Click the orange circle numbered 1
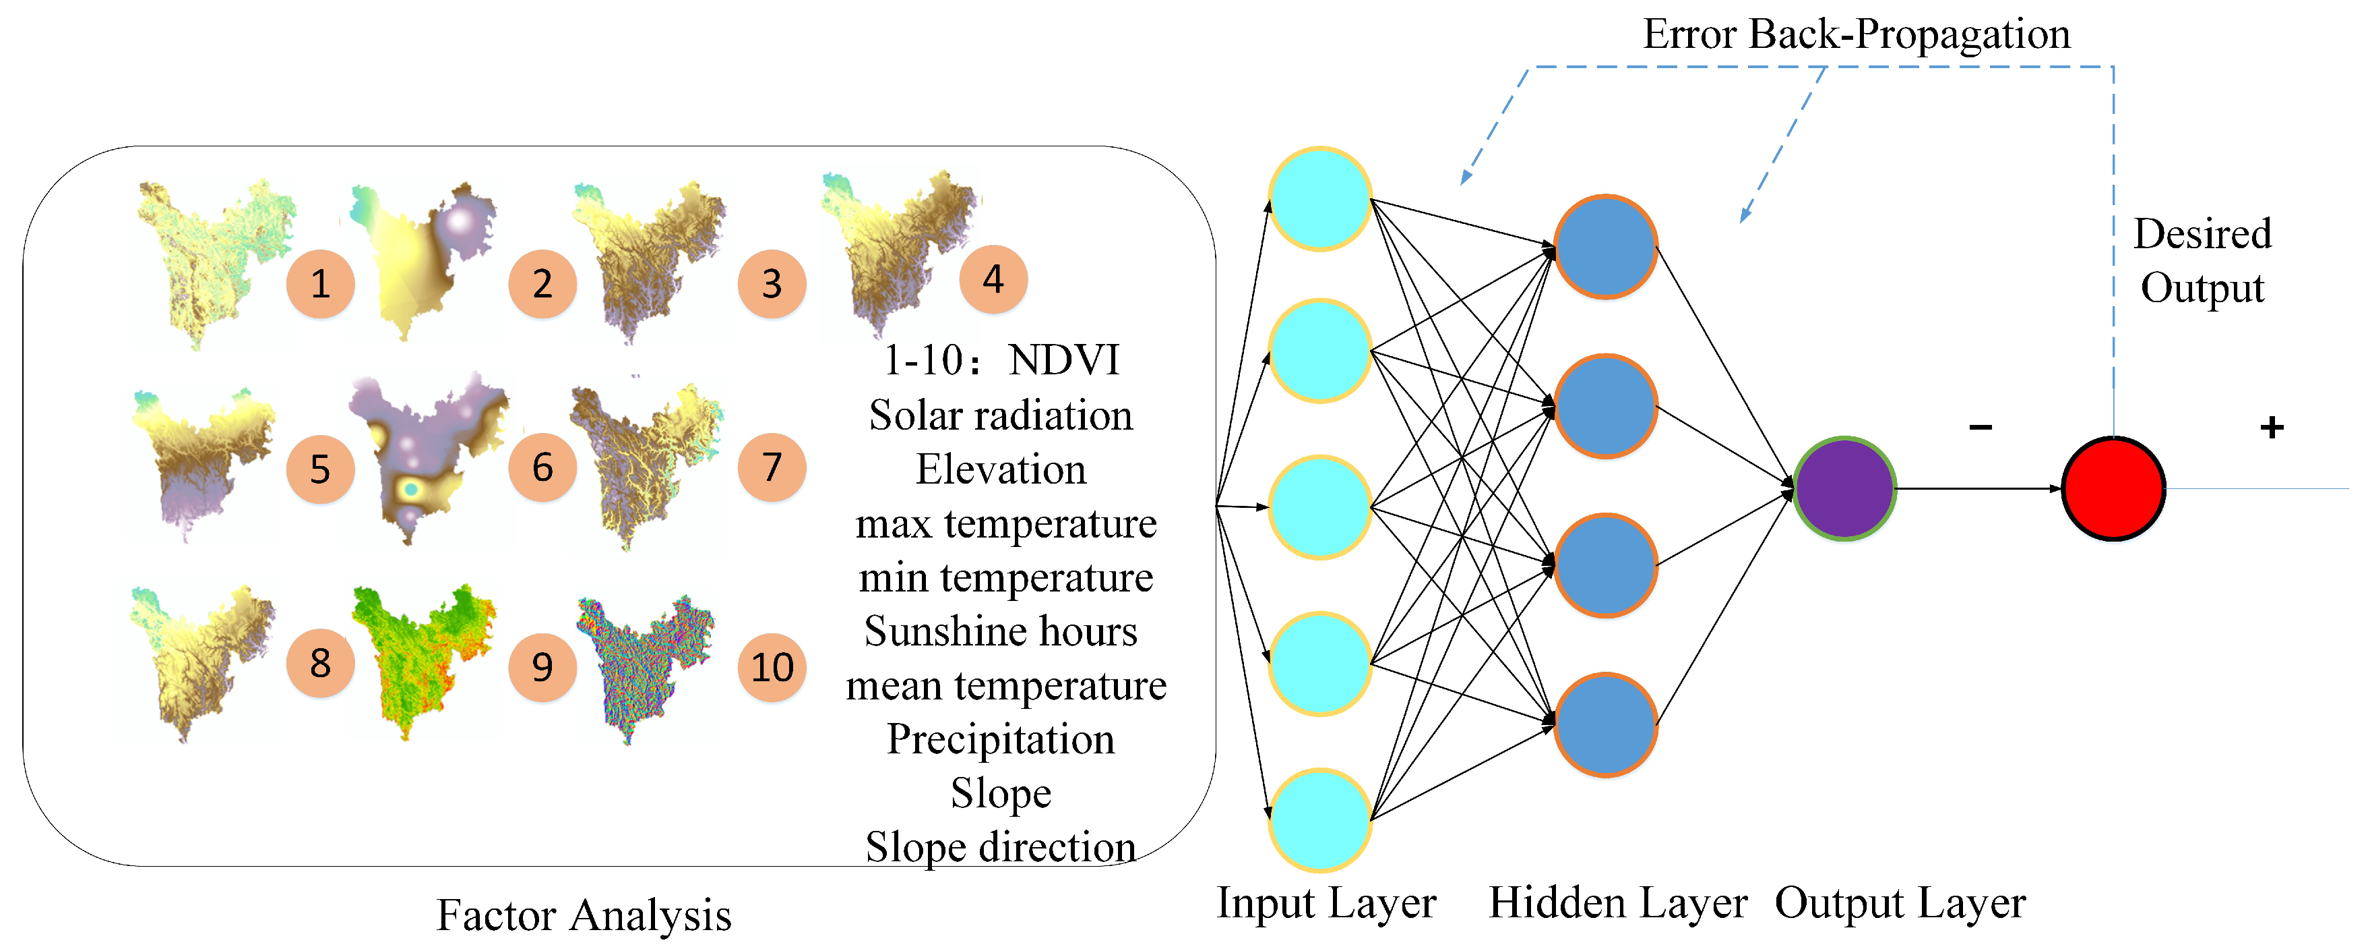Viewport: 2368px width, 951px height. click(x=320, y=284)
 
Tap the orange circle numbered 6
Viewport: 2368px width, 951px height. click(x=542, y=467)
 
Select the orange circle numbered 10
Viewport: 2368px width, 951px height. click(x=772, y=668)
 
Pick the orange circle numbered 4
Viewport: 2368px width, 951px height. click(x=993, y=280)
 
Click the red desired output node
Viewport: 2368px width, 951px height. click(x=2113, y=488)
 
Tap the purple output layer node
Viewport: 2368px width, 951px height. click(x=1844, y=488)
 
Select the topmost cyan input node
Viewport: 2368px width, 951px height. click(x=1320, y=199)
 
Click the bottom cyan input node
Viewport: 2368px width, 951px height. click(x=1320, y=819)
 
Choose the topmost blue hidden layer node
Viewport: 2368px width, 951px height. click(x=1605, y=246)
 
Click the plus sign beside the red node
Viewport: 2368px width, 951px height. click(x=2272, y=427)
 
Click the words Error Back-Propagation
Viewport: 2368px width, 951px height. click(x=1856, y=35)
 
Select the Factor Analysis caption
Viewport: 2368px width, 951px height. click(x=584, y=915)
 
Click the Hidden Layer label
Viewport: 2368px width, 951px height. click(x=1618, y=903)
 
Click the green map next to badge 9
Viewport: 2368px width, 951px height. click(x=423, y=658)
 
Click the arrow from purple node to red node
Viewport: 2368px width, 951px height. click(x=1976, y=488)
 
